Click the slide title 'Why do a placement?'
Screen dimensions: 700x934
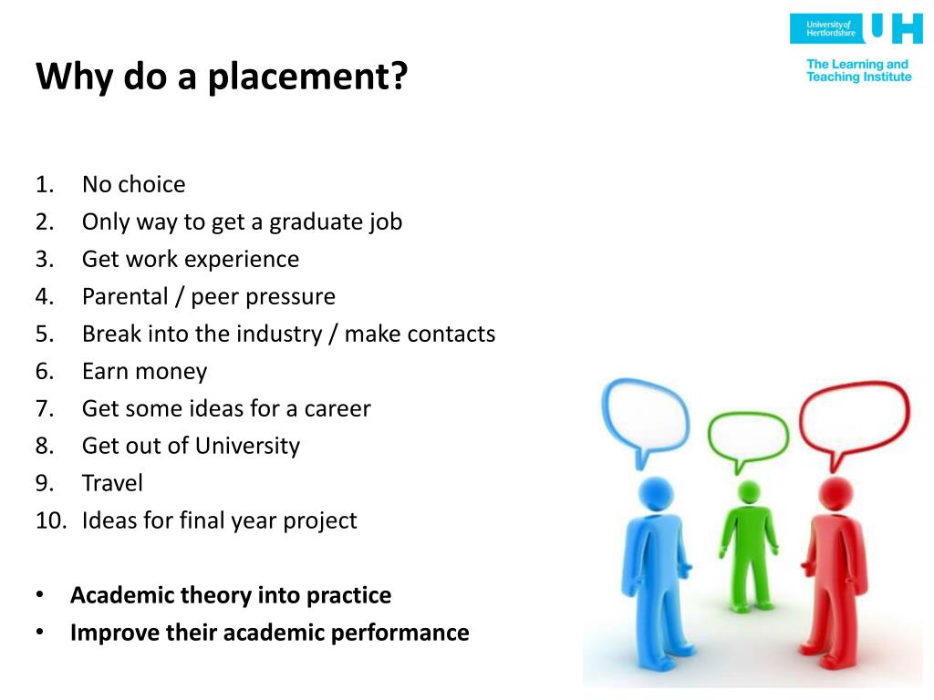point(221,77)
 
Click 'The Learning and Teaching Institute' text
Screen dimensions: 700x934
point(858,71)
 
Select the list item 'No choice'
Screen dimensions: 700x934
point(133,184)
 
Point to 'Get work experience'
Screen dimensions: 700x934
point(190,259)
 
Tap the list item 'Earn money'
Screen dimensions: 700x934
point(144,371)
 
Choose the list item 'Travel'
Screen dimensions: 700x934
point(112,483)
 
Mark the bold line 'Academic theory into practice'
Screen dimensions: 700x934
point(231,595)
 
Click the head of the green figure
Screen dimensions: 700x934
point(748,493)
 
